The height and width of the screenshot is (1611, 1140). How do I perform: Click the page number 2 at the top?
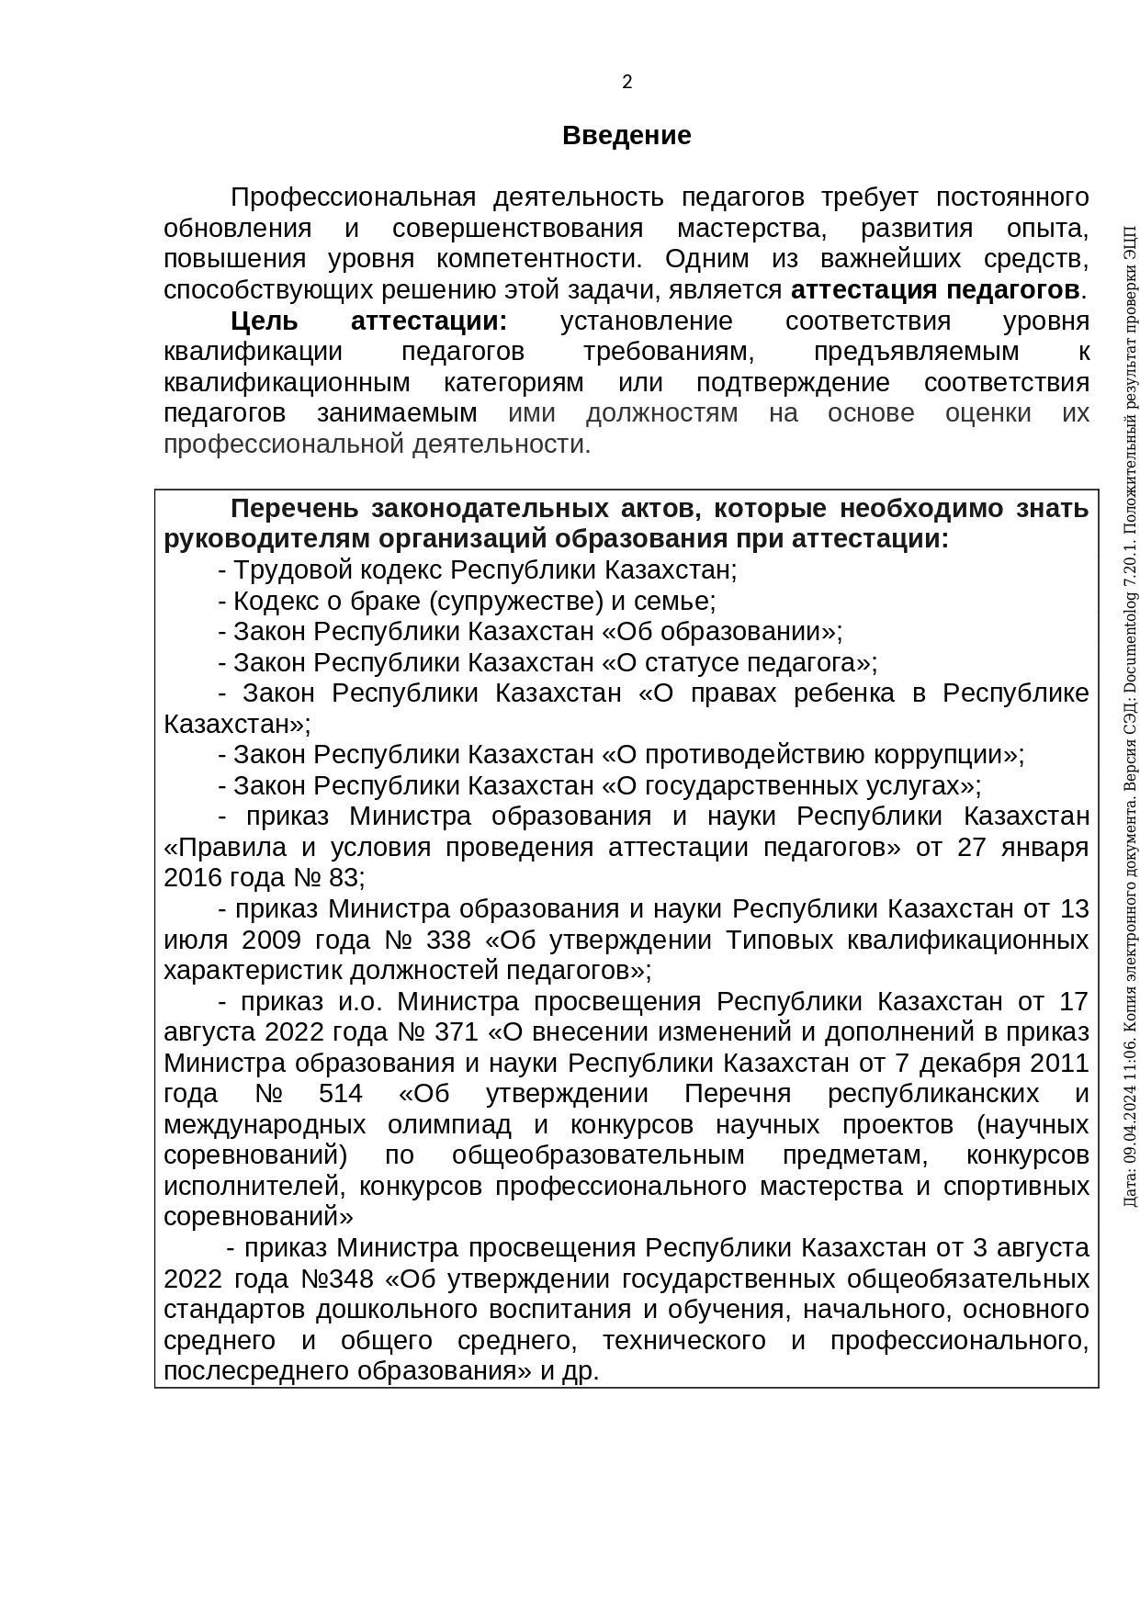pyautogui.click(x=627, y=83)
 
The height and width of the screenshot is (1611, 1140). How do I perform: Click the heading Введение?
pyautogui.click(x=626, y=136)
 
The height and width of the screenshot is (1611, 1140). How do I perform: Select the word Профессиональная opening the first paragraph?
pyautogui.click(x=353, y=197)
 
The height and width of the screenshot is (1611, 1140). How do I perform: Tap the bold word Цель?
pyautogui.click(x=265, y=321)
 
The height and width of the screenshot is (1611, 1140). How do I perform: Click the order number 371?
pyautogui.click(x=457, y=1032)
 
